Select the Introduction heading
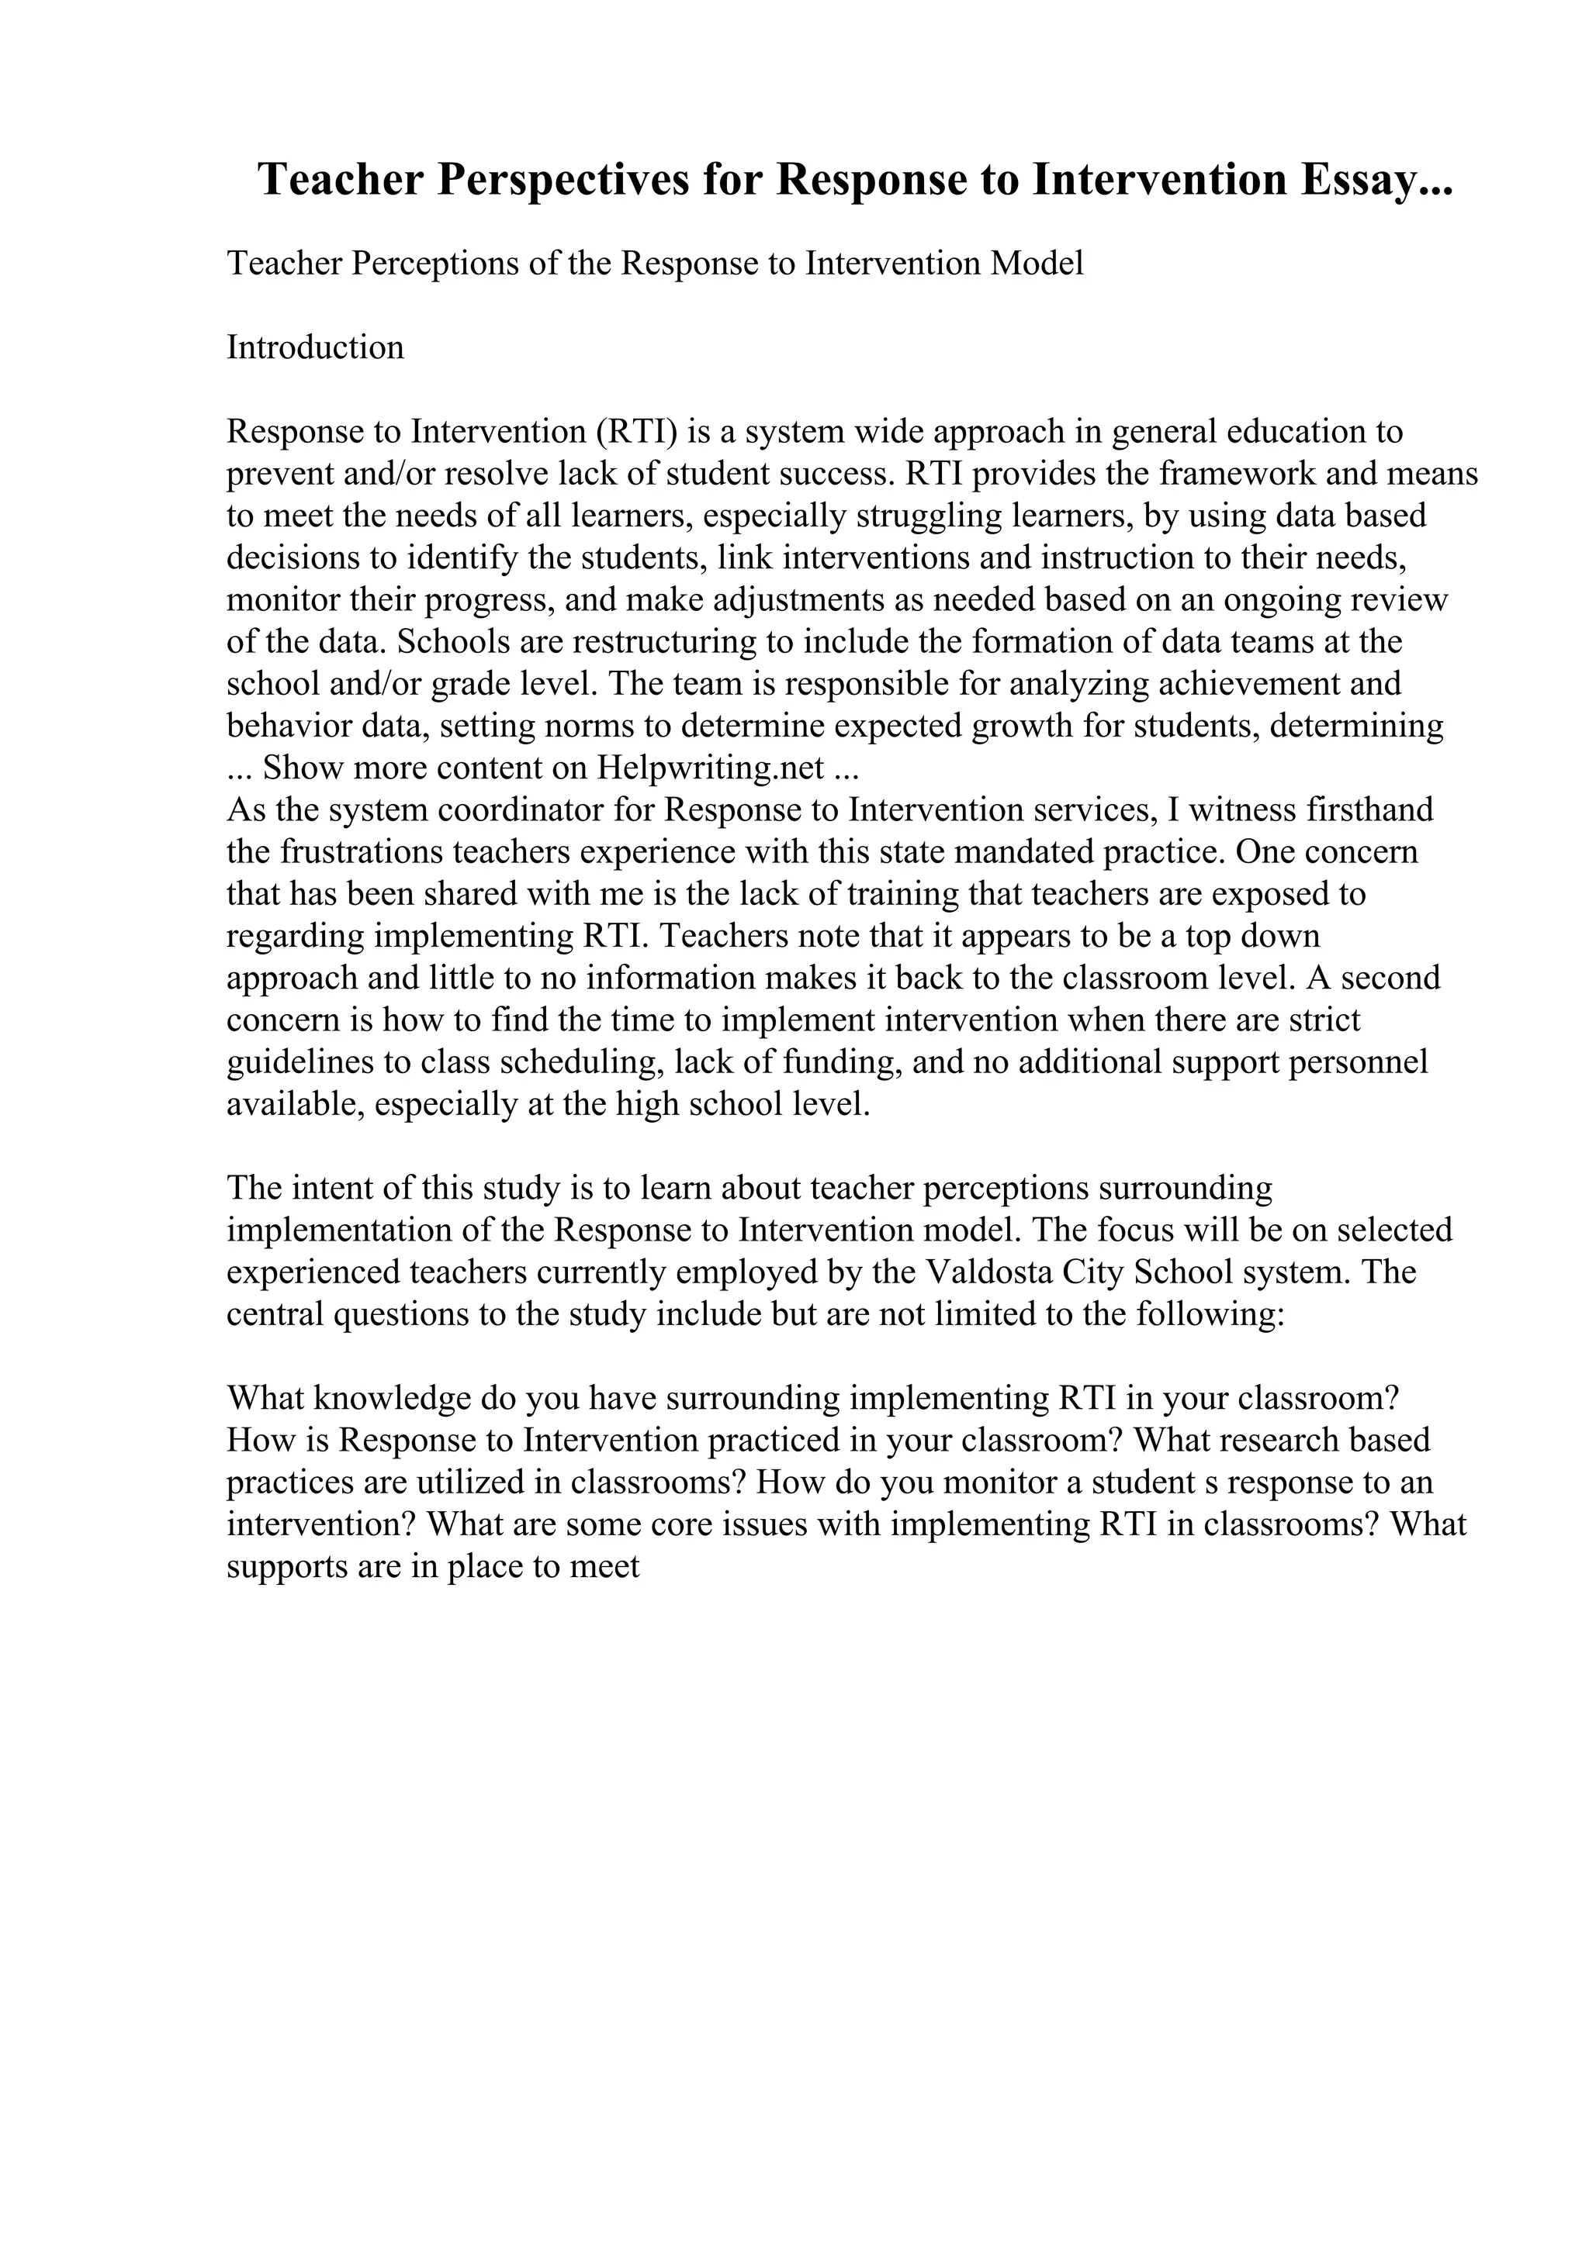click(315, 347)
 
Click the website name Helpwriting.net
click(710, 768)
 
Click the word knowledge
click(393, 1400)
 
